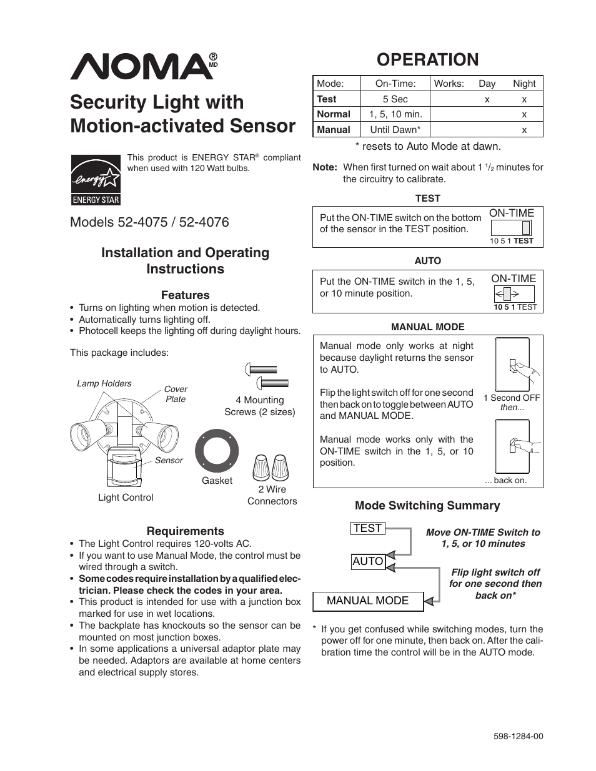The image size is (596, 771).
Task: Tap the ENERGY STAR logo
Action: point(95,180)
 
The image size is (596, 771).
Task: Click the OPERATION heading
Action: point(427,59)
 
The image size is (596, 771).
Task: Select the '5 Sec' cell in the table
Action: point(395,99)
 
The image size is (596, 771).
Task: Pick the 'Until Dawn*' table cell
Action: point(395,130)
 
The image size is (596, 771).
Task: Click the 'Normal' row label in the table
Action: point(334,114)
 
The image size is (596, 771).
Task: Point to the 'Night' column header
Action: point(524,83)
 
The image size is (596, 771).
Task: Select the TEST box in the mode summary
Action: point(367,528)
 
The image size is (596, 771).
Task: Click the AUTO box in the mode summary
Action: point(367,561)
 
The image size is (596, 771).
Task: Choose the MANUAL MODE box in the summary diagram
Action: point(367,601)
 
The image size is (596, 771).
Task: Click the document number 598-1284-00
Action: point(518,736)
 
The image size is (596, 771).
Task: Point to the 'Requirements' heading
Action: point(185,531)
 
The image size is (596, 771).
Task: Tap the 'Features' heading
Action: point(185,295)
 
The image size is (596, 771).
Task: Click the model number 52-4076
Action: point(204,222)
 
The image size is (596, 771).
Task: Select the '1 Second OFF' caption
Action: point(512,398)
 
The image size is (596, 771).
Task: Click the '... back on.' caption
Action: point(506,480)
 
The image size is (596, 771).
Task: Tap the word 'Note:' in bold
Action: point(325,167)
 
